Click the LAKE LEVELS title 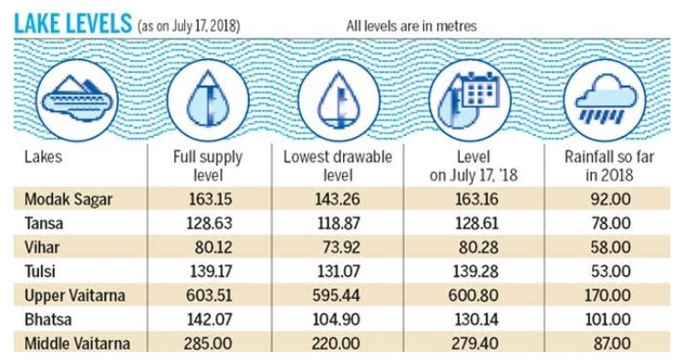[x=73, y=24]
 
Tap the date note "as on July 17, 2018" [x=189, y=26]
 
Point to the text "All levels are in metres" [x=411, y=26]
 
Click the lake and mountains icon [x=77, y=100]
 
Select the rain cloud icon [x=605, y=100]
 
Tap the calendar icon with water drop [x=470, y=100]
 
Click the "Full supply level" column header [x=208, y=166]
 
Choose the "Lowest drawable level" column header [x=337, y=166]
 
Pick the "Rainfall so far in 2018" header [x=609, y=166]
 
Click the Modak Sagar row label [x=68, y=200]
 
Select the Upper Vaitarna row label [x=75, y=295]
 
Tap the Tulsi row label [x=40, y=272]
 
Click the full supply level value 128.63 [x=210, y=223]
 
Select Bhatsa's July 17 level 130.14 [x=476, y=320]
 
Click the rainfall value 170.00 [x=607, y=295]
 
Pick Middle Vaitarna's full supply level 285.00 [x=208, y=344]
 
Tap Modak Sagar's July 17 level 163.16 [x=476, y=200]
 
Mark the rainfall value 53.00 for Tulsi [x=611, y=272]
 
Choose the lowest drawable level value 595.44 [x=337, y=295]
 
